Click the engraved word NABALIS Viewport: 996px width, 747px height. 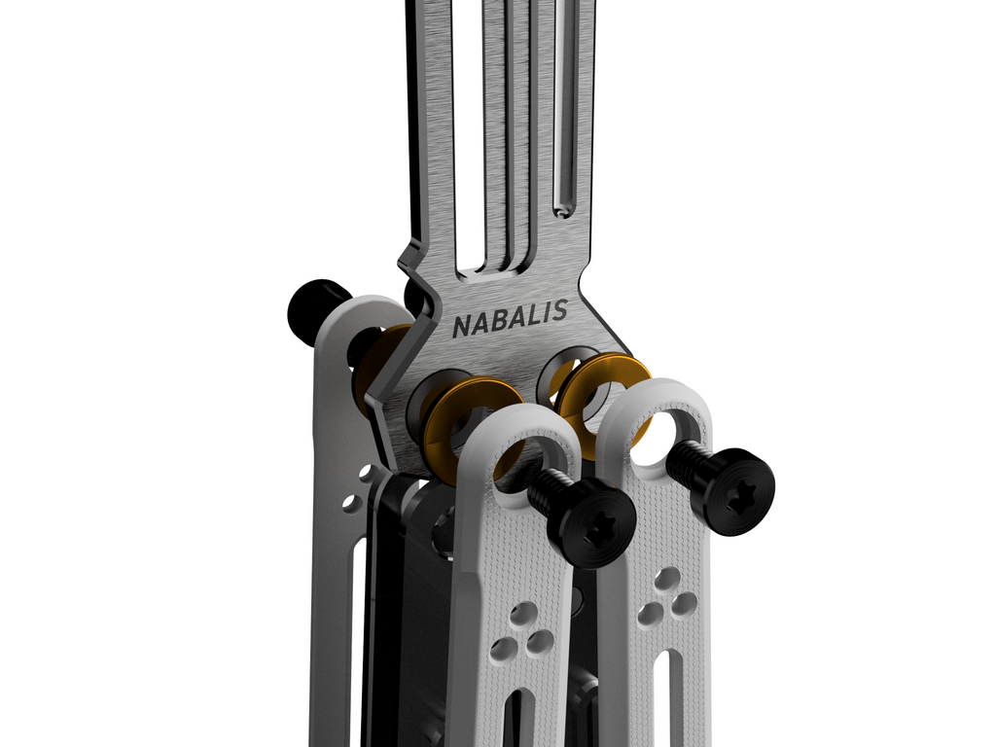click(x=510, y=318)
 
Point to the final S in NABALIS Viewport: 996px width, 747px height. click(x=559, y=310)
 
